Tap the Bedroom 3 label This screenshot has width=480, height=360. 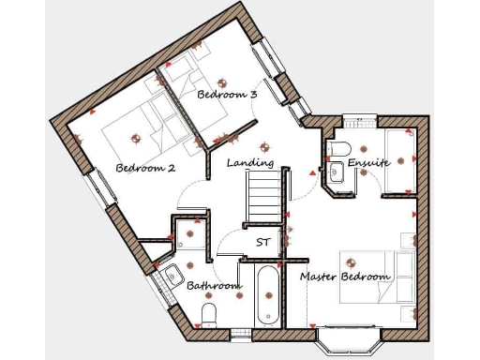[x=227, y=95]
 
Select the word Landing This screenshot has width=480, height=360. [x=250, y=162]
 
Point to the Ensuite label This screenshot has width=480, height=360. [x=368, y=163]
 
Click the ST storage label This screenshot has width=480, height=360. [x=263, y=242]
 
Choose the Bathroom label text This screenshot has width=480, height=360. [x=209, y=284]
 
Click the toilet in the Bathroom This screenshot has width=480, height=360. [x=210, y=313]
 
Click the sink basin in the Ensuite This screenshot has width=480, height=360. [x=336, y=171]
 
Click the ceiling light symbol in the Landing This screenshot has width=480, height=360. [x=265, y=145]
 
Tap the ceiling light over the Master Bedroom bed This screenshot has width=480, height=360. [x=352, y=263]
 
